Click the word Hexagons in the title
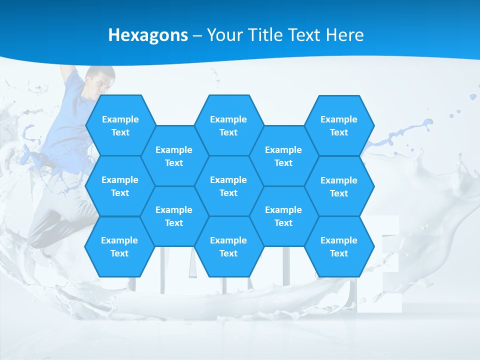point(148,35)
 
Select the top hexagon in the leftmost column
point(120,125)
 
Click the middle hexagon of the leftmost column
point(120,186)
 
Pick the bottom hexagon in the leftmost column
point(119,246)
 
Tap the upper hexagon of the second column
point(174,156)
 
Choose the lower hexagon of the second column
point(174,216)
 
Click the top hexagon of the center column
point(228,125)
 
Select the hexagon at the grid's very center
point(228,186)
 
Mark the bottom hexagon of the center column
point(228,246)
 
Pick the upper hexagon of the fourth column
point(283,156)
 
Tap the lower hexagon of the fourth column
point(283,216)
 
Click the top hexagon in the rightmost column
point(339,125)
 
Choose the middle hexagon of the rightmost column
point(339,186)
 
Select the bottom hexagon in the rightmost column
point(339,246)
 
